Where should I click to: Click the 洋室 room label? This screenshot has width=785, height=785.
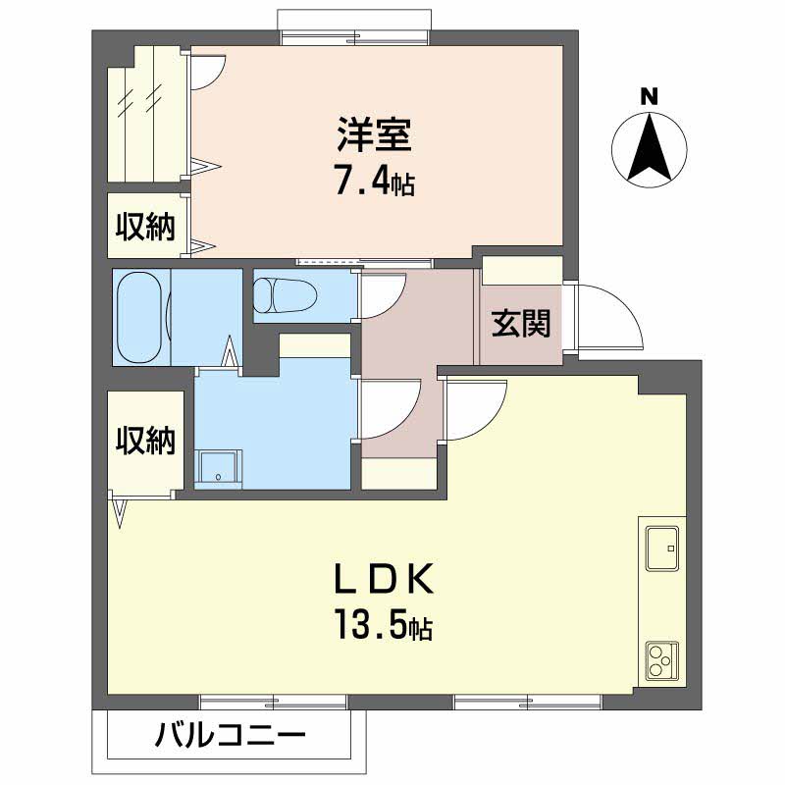click(375, 134)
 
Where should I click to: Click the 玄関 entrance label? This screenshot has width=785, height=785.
click(520, 322)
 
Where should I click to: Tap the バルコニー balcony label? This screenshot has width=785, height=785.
click(231, 735)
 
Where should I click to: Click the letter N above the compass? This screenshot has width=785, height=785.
click(649, 96)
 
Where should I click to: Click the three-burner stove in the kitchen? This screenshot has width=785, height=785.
click(661, 661)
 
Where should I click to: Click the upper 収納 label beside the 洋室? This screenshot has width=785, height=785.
click(145, 228)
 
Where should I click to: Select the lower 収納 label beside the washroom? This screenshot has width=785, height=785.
click(145, 441)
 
